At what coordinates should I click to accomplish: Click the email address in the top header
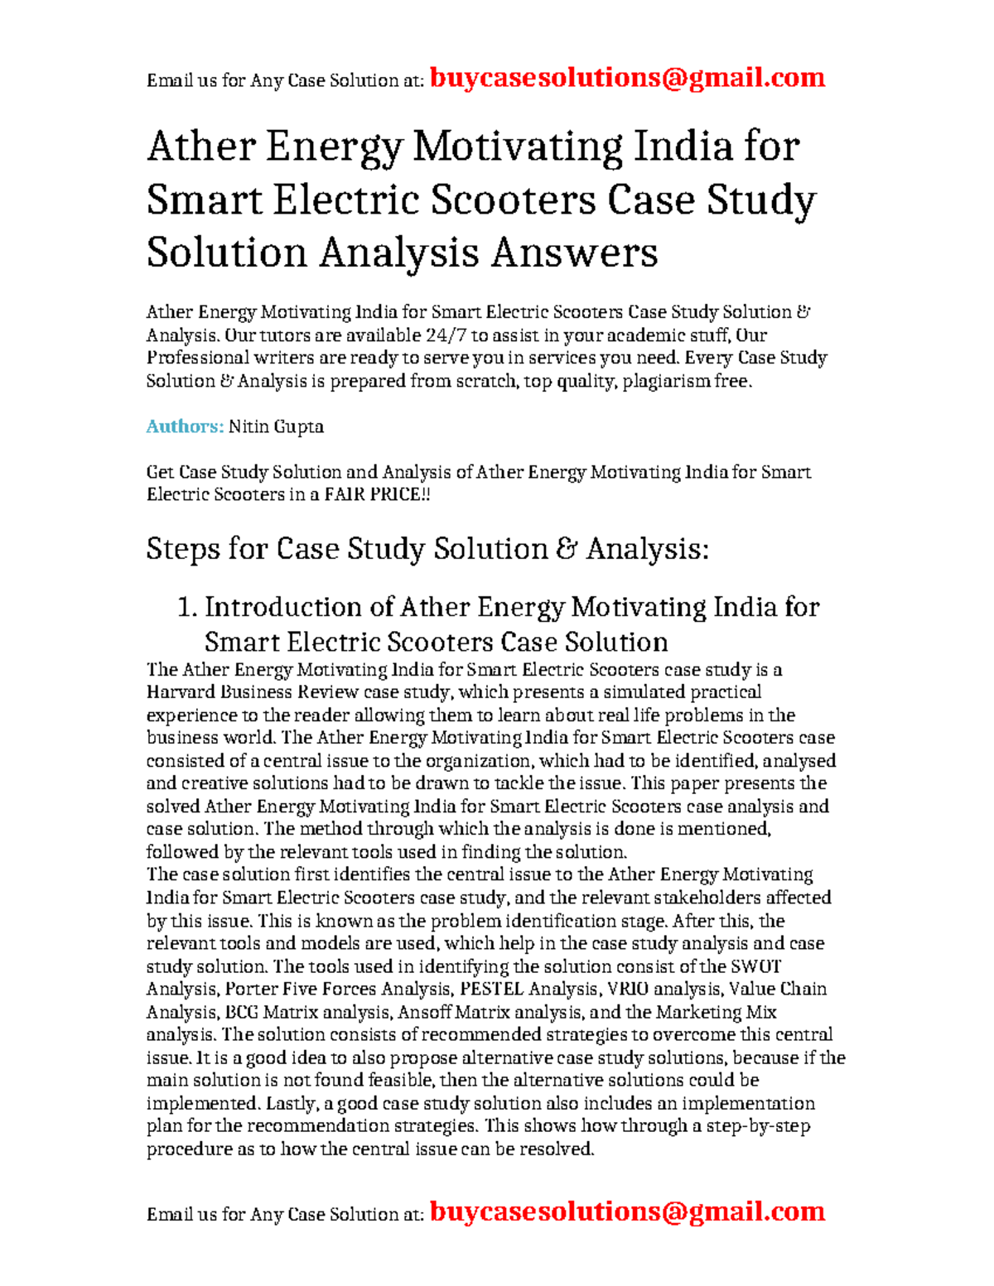click(x=628, y=78)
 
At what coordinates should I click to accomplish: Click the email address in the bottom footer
click(x=628, y=1211)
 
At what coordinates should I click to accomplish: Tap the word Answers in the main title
click(x=574, y=253)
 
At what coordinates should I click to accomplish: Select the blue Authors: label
click(x=185, y=426)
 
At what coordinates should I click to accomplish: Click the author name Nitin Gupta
click(x=276, y=426)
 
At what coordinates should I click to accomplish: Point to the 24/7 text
click(x=446, y=335)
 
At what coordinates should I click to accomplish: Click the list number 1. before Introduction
click(x=187, y=607)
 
